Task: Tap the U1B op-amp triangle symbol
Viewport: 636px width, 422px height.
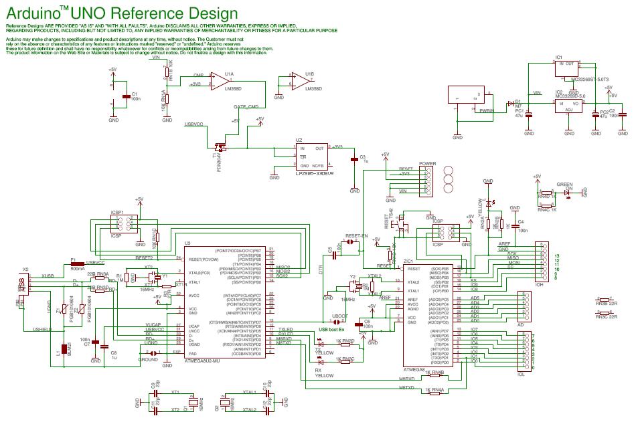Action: pos(299,82)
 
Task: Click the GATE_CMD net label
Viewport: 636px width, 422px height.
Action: pos(245,106)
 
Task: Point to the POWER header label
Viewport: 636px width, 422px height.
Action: pos(427,163)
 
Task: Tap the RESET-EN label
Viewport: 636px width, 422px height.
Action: pos(356,236)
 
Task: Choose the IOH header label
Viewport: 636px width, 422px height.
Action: pos(538,284)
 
